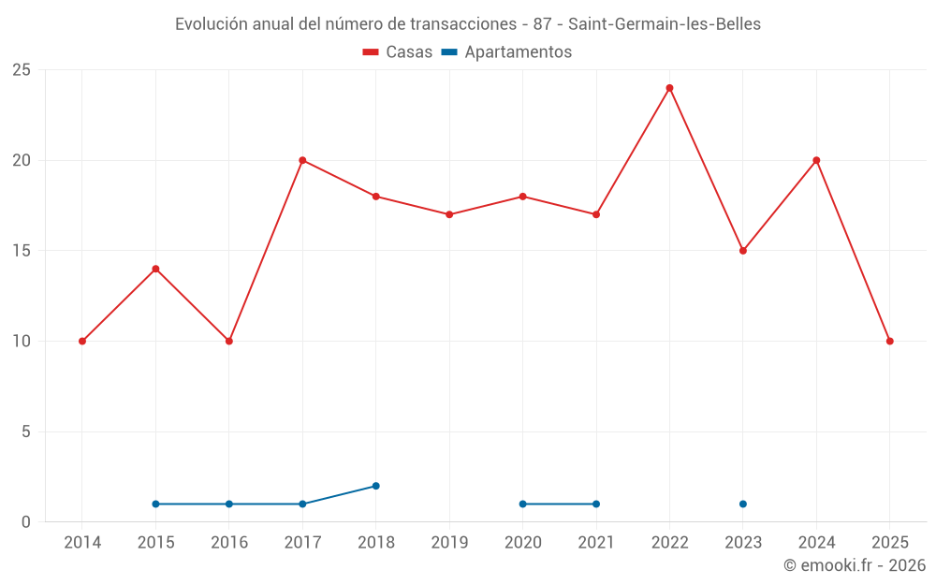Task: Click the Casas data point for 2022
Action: coord(669,88)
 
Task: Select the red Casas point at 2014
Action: coord(82,341)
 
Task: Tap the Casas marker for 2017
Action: coord(302,160)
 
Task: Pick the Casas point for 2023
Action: coord(743,251)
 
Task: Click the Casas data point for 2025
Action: coord(889,341)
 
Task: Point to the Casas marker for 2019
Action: coord(449,214)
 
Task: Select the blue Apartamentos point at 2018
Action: coord(375,486)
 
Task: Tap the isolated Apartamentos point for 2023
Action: coord(743,504)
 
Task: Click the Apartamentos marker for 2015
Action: coord(155,504)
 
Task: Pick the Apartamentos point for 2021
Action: coord(596,504)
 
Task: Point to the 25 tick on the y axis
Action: coord(22,70)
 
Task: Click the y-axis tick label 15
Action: coord(22,251)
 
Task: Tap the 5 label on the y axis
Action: coord(26,431)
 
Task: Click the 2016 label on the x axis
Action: coord(229,543)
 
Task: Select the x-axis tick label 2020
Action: coord(522,543)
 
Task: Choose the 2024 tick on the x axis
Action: coord(816,543)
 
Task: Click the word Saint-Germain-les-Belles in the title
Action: coord(665,24)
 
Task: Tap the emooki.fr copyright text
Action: coord(854,565)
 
